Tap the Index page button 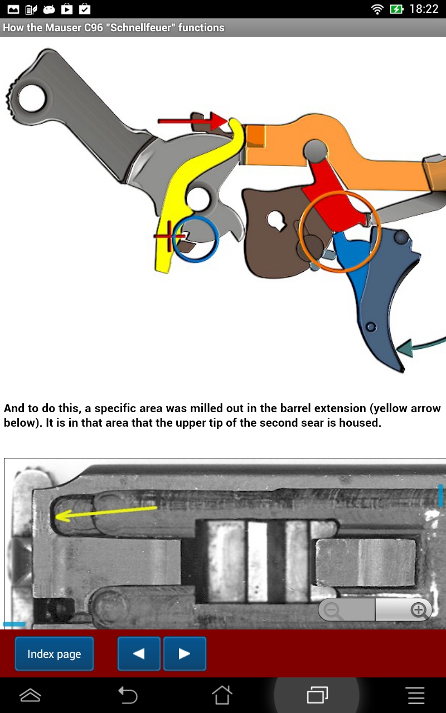click(54, 654)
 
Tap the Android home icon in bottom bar click(222, 695)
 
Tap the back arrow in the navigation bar click(128, 695)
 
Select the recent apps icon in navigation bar click(317, 695)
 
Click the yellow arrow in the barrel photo click(106, 512)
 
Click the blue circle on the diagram click(195, 239)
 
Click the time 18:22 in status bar click(424, 9)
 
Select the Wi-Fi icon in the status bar click(377, 9)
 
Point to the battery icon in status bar click(396, 9)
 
